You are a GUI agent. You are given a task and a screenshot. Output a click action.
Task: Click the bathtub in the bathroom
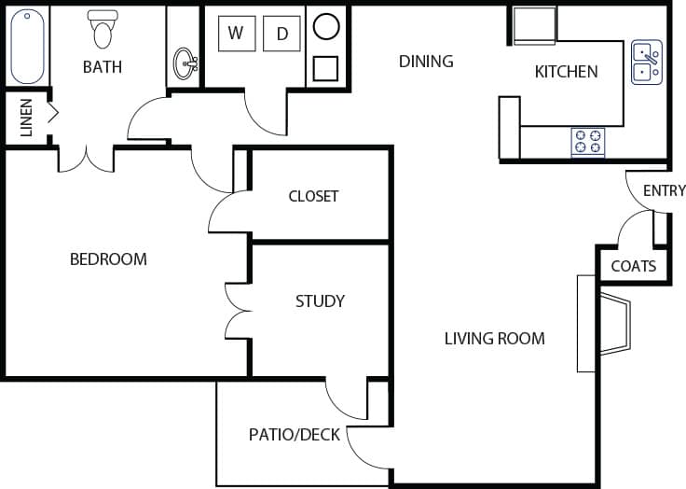point(27,47)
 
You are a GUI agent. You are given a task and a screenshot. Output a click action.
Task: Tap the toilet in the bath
point(102,30)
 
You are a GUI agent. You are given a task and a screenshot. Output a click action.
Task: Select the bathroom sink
point(185,64)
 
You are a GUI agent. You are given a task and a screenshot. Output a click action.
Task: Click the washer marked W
point(236,34)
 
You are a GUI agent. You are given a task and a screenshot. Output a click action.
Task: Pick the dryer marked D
point(281,34)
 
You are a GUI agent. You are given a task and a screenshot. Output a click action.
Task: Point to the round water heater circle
point(325,26)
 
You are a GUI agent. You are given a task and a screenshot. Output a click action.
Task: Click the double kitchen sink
point(646,62)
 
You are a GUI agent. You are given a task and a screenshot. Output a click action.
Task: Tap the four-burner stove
point(587,142)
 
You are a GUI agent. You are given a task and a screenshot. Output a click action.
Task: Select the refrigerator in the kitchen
point(535,25)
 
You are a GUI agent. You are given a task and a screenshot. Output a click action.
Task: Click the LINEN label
point(26,118)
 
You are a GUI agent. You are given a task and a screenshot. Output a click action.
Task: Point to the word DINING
point(426,62)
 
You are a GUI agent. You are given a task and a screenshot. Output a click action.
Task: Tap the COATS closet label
point(633,266)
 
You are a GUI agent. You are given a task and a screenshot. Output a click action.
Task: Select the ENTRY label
point(664,190)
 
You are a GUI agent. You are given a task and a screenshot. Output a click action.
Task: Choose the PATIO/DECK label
point(295,434)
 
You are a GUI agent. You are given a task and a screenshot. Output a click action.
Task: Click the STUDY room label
point(320,300)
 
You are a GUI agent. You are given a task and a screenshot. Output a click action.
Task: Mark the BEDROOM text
point(108,258)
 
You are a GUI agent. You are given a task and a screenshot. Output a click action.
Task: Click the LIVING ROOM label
point(494,338)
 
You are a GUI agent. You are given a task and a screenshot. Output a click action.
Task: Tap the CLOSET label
point(313,196)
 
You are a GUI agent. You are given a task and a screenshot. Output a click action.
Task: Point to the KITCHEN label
point(566,72)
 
